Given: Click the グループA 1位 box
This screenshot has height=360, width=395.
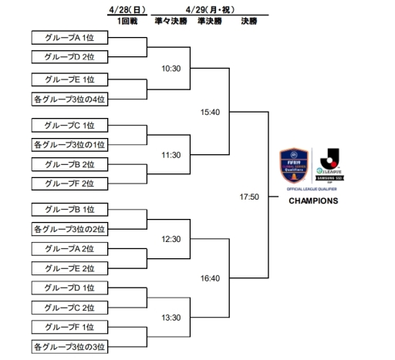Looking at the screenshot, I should [x=70, y=37].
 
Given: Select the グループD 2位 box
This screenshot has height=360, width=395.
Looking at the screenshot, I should [x=70, y=56].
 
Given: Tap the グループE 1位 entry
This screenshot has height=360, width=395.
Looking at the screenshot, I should [x=70, y=79].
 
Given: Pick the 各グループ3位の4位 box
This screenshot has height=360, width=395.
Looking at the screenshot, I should [x=70, y=99].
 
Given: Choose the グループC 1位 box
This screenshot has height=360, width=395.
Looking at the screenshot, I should [x=70, y=125].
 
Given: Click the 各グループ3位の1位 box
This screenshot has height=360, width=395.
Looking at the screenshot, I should [x=70, y=144].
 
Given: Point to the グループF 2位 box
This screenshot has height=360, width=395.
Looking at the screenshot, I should [x=70, y=183].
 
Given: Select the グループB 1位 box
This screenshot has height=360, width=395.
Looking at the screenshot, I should [x=70, y=210].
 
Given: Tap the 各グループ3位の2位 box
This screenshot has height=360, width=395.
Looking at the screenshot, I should [x=70, y=229].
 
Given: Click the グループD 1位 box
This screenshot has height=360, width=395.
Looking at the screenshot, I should [x=70, y=288].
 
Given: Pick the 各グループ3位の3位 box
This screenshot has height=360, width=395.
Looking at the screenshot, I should [x=70, y=345].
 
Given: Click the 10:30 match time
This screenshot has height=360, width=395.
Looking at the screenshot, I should [x=170, y=69].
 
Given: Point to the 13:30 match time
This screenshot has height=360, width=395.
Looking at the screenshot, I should [x=170, y=318].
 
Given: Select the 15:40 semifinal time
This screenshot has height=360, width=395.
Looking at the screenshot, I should [x=210, y=112].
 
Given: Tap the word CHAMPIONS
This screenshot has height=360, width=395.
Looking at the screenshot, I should [x=312, y=201].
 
